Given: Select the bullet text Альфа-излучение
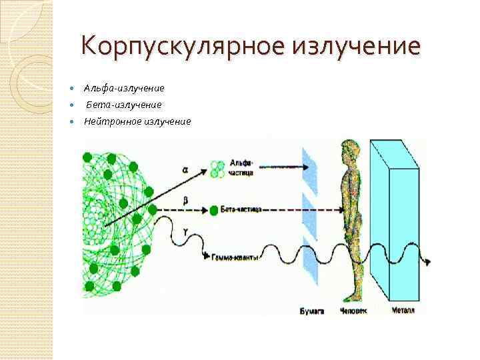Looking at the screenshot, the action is click(x=124, y=88).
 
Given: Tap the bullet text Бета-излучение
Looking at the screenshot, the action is click(x=123, y=105).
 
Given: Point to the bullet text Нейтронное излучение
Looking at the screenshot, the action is click(x=137, y=121).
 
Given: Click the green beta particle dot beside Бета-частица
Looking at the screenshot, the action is click(x=213, y=209).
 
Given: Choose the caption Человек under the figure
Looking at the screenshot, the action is click(x=353, y=311).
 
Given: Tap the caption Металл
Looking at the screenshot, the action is click(x=402, y=311).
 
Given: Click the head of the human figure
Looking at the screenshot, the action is click(x=348, y=149).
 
